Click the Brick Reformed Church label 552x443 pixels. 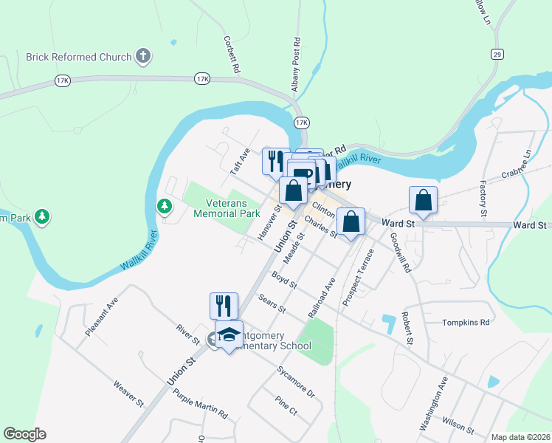[78, 57]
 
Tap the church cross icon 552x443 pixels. [143, 55]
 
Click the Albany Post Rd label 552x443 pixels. [297, 60]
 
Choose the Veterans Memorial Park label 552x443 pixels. [227, 209]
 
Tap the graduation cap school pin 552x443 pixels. [229, 334]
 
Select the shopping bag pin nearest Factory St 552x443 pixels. [424, 199]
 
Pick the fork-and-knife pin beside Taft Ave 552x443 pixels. [275, 160]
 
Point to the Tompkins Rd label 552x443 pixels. [466, 323]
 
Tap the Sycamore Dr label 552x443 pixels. [296, 381]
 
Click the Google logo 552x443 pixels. [24, 434]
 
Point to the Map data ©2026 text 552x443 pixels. [520, 436]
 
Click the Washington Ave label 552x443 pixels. [433, 405]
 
